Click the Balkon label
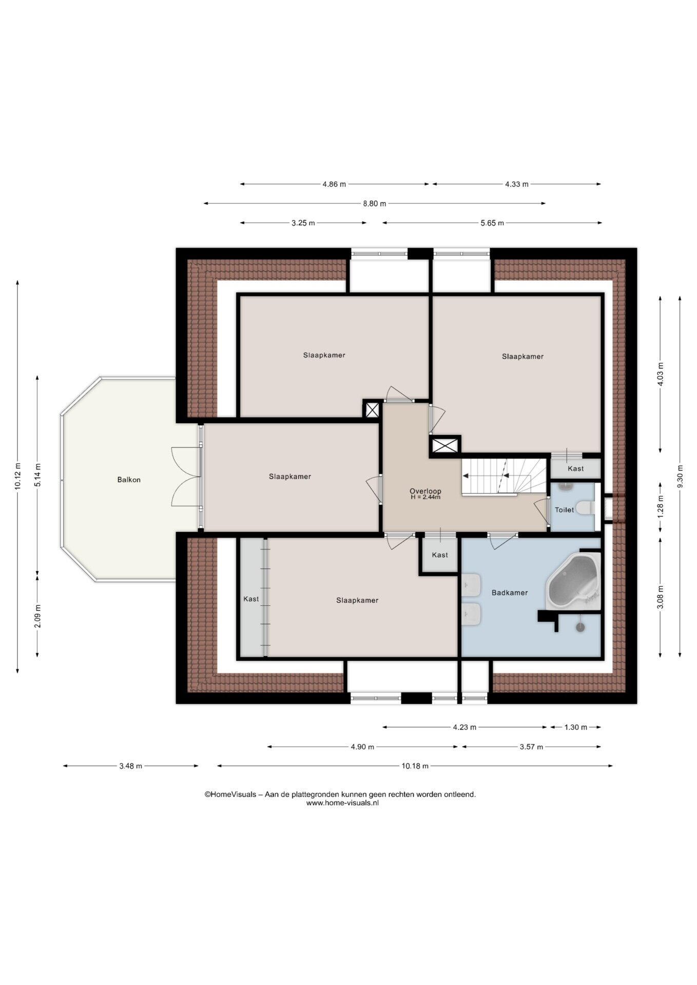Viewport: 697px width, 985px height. pyautogui.click(x=129, y=480)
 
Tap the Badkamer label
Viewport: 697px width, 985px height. pyautogui.click(x=510, y=593)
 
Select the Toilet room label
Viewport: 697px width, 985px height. pyautogui.click(x=564, y=510)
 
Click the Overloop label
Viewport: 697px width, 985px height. pyautogui.click(x=425, y=491)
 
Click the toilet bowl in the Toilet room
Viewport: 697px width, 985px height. pyautogui.click(x=585, y=508)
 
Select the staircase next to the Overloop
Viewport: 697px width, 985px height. pyautogui.click(x=504, y=476)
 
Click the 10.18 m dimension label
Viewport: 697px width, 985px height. pyautogui.click(x=415, y=766)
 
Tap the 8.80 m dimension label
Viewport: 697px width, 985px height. pyautogui.click(x=374, y=203)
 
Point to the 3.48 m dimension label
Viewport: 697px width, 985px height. pyautogui.click(x=130, y=766)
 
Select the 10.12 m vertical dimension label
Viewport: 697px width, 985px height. pyautogui.click(x=17, y=477)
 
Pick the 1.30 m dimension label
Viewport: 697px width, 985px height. pyautogui.click(x=576, y=727)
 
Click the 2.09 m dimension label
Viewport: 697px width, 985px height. pyautogui.click(x=37, y=616)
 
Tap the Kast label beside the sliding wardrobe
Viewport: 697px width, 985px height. pyautogui.click(x=251, y=599)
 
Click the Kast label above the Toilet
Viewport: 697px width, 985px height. pyautogui.click(x=575, y=468)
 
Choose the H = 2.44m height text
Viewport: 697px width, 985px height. pyautogui.click(x=425, y=497)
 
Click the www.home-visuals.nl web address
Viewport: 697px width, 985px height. pyautogui.click(x=342, y=803)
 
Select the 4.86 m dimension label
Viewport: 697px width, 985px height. pyautogui.click(x=334, y=184)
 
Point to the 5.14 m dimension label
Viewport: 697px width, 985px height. pyautogui.click(x=37, y=476)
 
